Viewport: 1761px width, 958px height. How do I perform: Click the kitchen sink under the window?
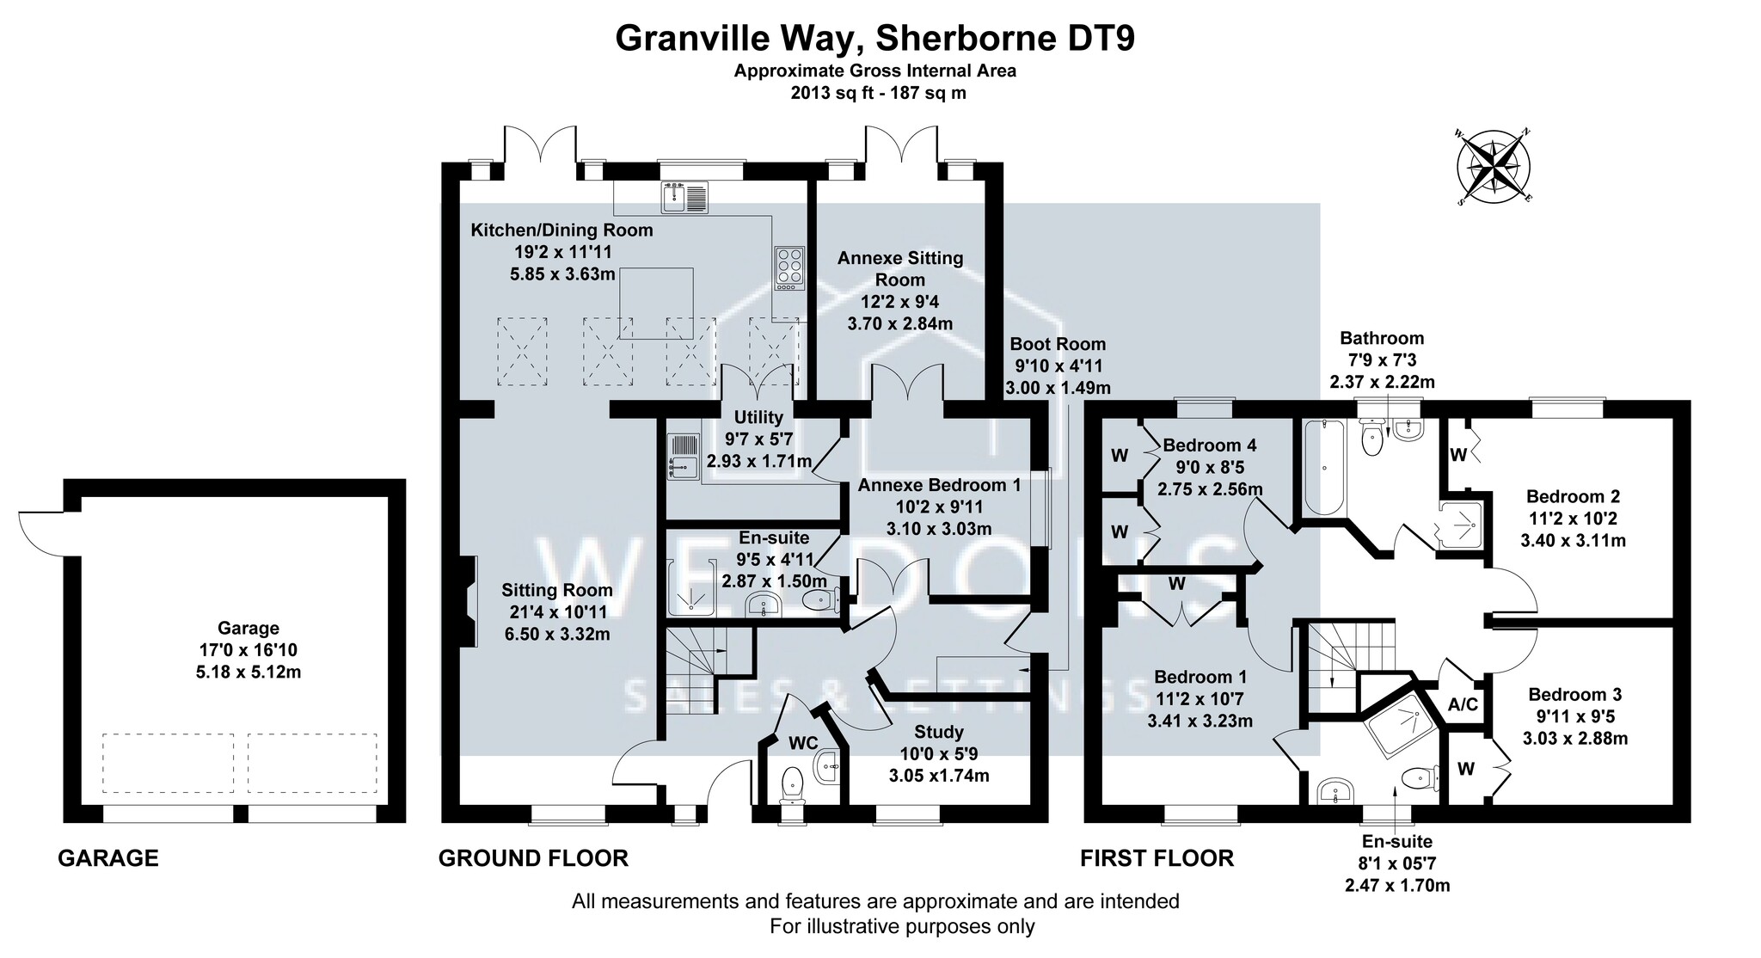(x=684, y=198)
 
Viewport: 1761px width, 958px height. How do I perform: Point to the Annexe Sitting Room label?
(x=900, y=291)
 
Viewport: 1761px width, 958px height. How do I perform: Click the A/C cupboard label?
(x=1463, y=705)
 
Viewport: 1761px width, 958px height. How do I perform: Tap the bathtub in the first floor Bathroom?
(x=1323, y=467)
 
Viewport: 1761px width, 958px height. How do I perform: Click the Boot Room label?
(x=1056, y=365)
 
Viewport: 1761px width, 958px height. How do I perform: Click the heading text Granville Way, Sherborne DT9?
(x=875, y=39)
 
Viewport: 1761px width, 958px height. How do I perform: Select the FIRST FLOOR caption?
(x=1157, y=857)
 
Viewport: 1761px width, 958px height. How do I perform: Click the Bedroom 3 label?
(x=1575, y=716)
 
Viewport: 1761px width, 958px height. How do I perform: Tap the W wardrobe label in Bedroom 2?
(x=1457, y=456)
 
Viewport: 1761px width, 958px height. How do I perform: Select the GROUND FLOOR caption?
(x=533, y=857)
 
